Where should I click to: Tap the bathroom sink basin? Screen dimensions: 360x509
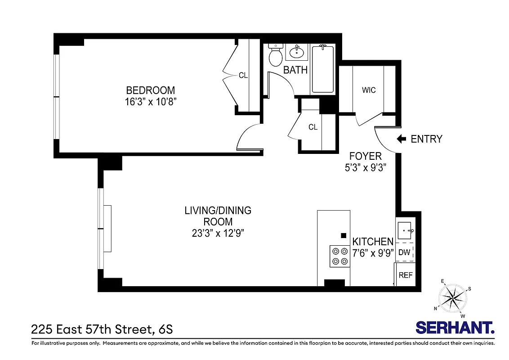(x=296, y=53)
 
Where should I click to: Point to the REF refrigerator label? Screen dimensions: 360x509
(x=405, y=275)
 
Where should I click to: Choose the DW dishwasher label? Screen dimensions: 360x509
(x=404, y=252)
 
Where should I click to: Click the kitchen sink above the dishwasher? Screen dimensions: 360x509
(x=406, y=231)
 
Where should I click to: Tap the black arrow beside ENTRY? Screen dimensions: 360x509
(x=401, y=139)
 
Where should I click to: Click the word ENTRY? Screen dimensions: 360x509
(x=426, y=139)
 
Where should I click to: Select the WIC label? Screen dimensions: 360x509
(x=369, y=90)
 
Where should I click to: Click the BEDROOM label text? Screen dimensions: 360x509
(x=150, y=90)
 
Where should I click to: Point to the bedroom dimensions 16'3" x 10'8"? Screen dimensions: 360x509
(x=150, y=102)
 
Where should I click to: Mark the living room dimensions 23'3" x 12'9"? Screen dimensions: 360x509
(x=218, y=233)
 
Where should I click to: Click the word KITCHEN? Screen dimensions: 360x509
(x=373, y=242)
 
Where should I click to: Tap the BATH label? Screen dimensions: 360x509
(x=295, y=70)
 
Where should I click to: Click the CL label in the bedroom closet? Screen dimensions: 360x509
(x=243, y=76)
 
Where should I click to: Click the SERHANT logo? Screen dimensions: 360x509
(x=455, y=327)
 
